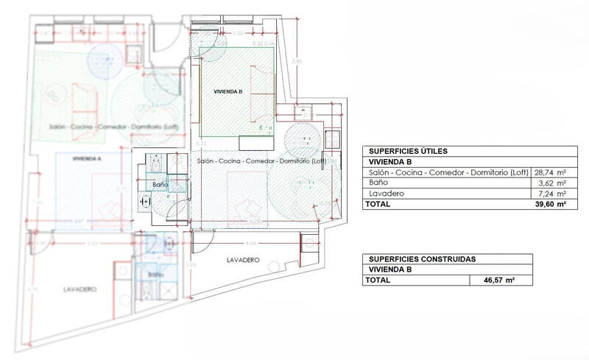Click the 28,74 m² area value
551,172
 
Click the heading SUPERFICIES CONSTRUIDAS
422,259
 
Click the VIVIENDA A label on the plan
87,158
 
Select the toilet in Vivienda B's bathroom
144,201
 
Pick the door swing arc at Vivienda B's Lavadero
203,239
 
